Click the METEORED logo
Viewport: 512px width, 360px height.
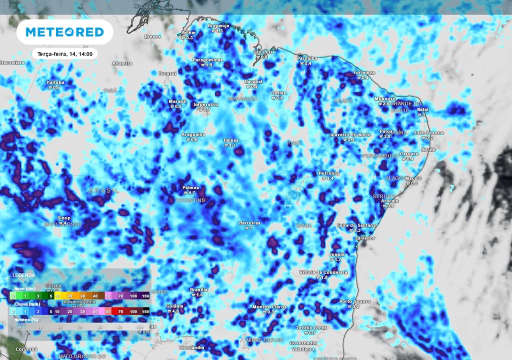pos(64,32)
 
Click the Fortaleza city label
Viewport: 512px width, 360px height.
pos(364,72)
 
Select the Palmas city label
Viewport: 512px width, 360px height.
pos(190,187)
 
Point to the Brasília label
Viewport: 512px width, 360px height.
pos(199,290)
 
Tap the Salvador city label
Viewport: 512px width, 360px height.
pos(364,238)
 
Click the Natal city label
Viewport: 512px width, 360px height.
pos(423,109)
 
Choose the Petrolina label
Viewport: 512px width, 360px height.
pos(329,173)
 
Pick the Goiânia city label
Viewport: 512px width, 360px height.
pos(174,305)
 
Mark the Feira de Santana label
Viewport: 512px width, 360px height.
pos(356,225)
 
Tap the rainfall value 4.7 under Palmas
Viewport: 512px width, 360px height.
pos(189,192)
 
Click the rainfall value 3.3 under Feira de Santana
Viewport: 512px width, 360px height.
pos(356,230)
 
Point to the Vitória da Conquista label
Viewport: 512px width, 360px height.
pos(323,272)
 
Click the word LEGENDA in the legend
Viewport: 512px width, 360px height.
pos(23,275)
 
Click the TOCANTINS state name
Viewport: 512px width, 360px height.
pos(190,200)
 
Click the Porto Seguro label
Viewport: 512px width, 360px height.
pos(355,301)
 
